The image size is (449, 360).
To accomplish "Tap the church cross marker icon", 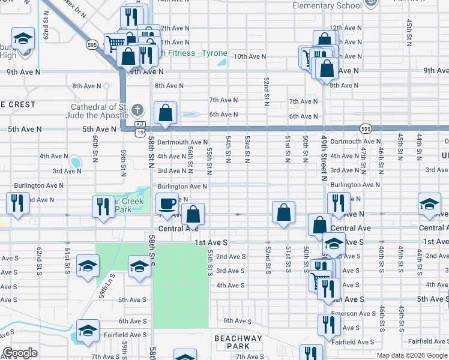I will coord(137,110).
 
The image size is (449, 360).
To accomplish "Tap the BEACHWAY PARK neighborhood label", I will coord(238,343).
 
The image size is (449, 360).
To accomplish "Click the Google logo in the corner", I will coord(20,353).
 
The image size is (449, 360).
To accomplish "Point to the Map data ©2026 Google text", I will coord(412,356).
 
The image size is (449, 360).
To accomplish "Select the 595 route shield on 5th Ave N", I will coord(366,128).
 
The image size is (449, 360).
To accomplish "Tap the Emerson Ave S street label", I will coord(359,314).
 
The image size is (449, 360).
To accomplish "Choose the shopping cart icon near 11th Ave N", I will coord(114,42).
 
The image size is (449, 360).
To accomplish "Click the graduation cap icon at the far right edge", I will coord(429,204).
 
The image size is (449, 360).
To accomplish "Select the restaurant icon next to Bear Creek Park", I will coord(103,206).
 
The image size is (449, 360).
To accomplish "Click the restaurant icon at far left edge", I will coord(17,203).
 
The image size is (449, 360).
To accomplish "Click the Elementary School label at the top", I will coord(327,6).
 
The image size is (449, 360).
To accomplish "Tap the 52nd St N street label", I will coord(266,91).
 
